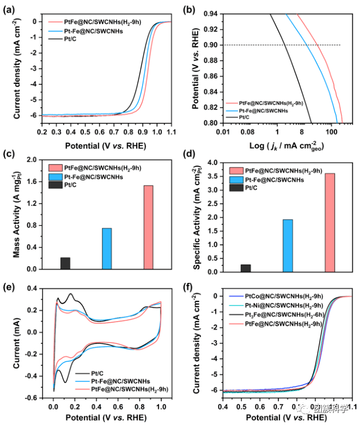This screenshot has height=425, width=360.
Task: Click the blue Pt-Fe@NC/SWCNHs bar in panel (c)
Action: point(107,249)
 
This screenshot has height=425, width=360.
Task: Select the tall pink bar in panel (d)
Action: point(330,223)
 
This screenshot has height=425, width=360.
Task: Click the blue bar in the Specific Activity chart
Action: point(288,245)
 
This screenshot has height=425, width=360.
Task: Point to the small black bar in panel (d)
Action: point(246,268)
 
